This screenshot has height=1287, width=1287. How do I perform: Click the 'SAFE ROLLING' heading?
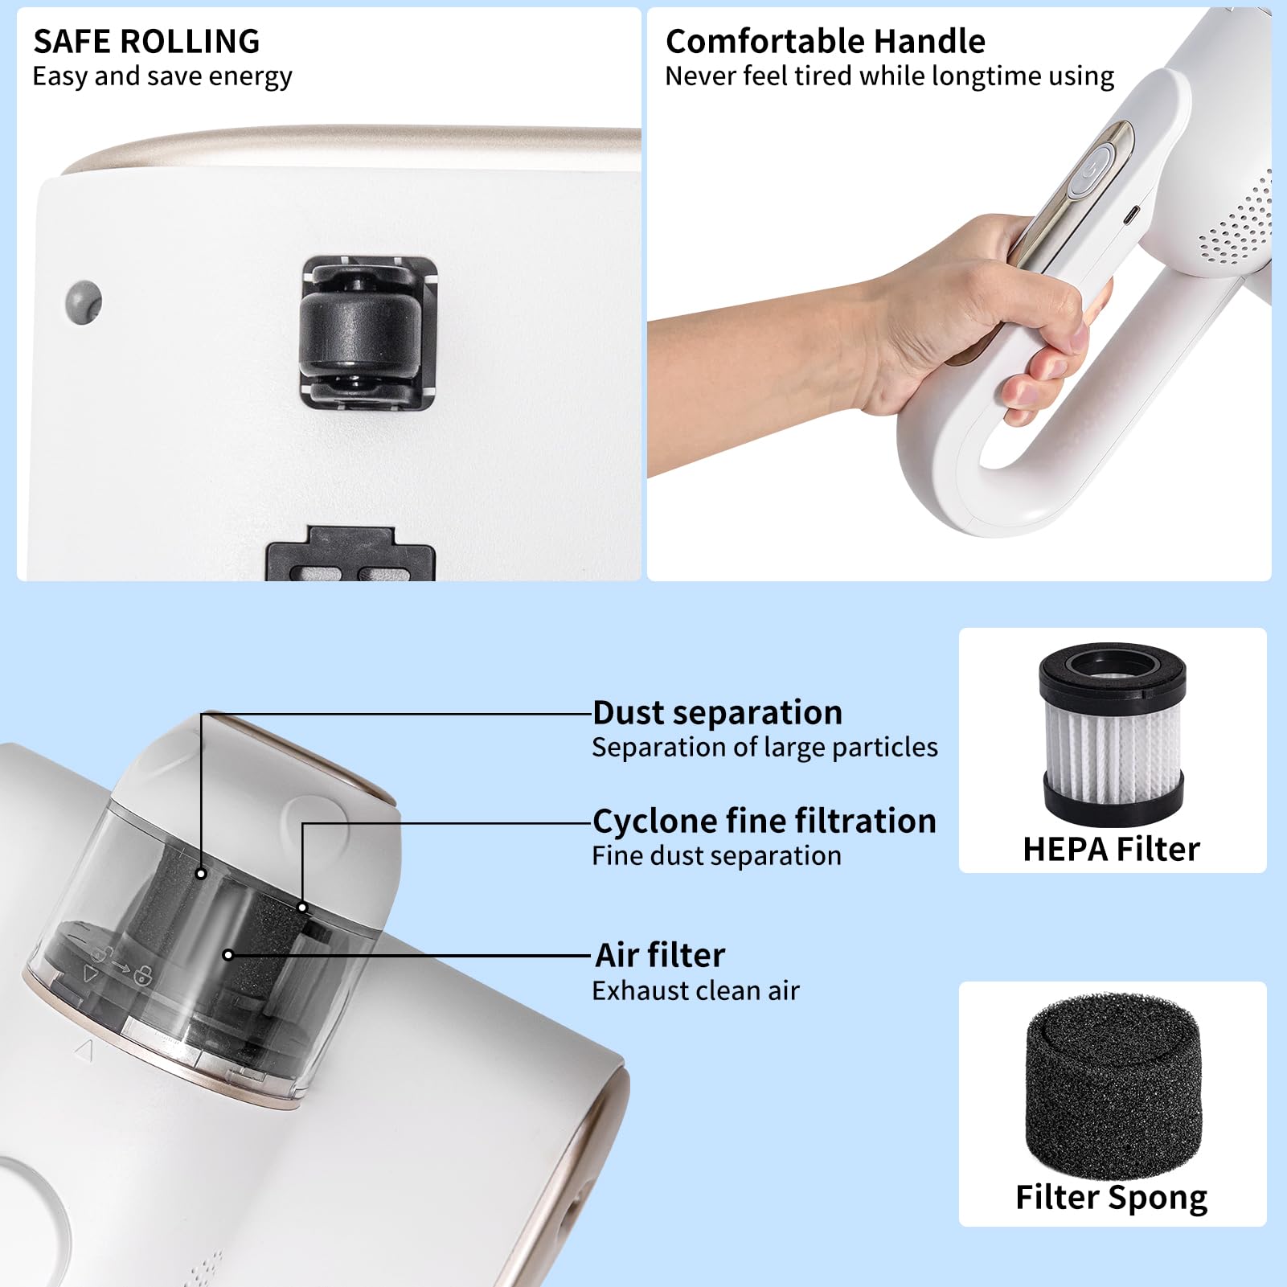[x=146, y=41]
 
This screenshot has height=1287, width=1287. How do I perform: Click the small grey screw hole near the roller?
[x=84, y=302]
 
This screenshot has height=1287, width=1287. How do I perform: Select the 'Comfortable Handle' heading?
[x=825, y=41]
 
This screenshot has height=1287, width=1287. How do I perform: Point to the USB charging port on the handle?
[x=1130, y=215]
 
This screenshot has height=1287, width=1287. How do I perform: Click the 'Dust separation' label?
[x=717, y=713]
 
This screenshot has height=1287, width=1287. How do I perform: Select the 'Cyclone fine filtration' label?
[x=764, y=822]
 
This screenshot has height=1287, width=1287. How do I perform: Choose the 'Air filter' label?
[x=660, y=956]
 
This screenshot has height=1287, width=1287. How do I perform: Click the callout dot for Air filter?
[x=228, y=955]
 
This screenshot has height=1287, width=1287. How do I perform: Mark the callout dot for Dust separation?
[x=201, y=874]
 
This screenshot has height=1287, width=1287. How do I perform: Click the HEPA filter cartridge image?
[x=1112, y=733]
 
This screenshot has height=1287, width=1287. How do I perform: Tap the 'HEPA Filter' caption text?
[x=1111, y=850]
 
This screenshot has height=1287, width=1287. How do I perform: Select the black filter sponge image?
[x=1113, y=1082]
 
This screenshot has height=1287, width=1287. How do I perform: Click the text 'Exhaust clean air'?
[x=695, y=991]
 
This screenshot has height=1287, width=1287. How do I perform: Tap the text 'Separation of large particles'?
[x=764, y=748]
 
